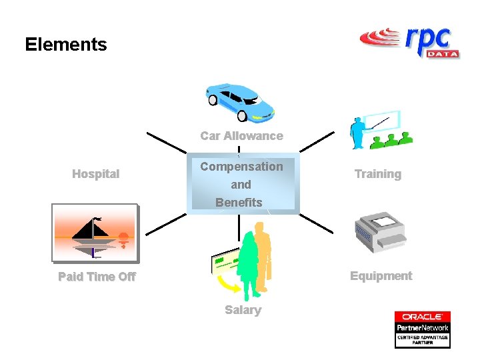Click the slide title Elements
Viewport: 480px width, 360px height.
(x=65, y=45)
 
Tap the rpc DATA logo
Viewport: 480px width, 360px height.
(x=409, y=42)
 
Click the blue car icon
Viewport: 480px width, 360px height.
(x=239, y=102)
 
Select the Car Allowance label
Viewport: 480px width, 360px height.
(x=241, y=136)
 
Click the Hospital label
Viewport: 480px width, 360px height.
(x=95, y=174)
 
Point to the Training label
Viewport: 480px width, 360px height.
(x=377, y=174)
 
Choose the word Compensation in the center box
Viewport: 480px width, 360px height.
(x=241, y=167)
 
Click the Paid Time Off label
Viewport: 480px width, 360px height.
(x=97, y=277)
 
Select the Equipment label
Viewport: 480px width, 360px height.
(x=381, y=276)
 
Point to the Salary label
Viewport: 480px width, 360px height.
(x=243, y=310)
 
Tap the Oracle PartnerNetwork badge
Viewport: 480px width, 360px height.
(x=422, y=329)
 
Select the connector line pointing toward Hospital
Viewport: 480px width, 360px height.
(x=167, y=143)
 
